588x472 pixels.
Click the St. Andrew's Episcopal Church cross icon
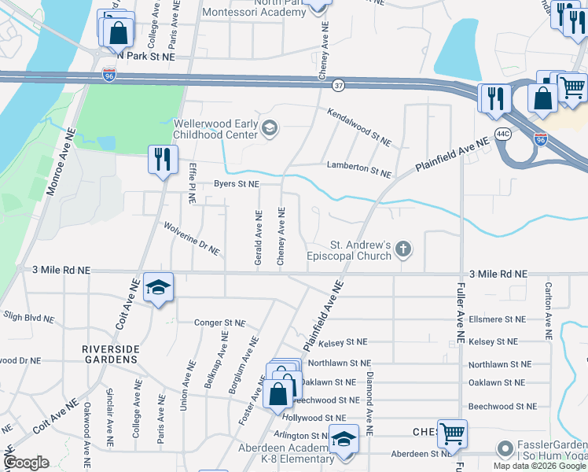coord(403,250)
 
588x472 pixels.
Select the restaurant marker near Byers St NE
coord(160,160)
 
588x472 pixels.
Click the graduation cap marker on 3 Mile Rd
coord(158,287)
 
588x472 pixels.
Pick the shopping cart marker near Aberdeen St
coord(452,433)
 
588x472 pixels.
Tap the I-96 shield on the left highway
coord(109,76)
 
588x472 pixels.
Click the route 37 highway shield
coord(338,84)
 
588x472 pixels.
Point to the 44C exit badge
coord(504,134)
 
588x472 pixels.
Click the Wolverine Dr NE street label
coord(191,238)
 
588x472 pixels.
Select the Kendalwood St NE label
coord(359,127)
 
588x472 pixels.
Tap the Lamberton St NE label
coord(359,171)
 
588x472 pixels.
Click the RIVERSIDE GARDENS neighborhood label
coord(109,353)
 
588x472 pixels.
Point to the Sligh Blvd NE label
coord(28,318)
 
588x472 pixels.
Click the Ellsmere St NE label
coord(496,319)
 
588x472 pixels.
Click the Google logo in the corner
coord(27,463)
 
